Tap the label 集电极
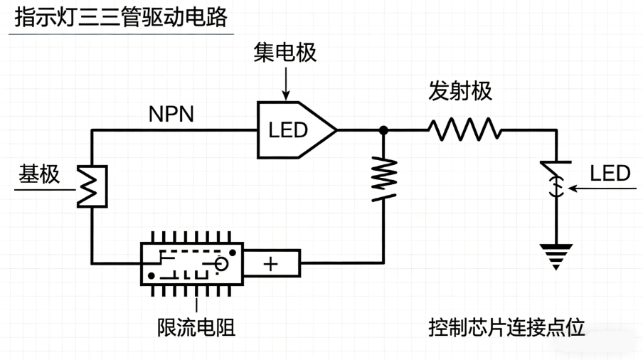[285, 53]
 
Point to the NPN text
[171, 114]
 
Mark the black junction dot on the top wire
[383, 130]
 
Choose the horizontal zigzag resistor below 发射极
[464, 130]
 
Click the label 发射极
[460, 91]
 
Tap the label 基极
[39, 175]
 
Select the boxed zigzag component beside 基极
[92, 186]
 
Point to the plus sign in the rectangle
[271, 264]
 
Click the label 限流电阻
[196, 327]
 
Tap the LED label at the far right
[610, 174]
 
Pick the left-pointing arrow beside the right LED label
[580, 189]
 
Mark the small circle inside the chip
[222, 265]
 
